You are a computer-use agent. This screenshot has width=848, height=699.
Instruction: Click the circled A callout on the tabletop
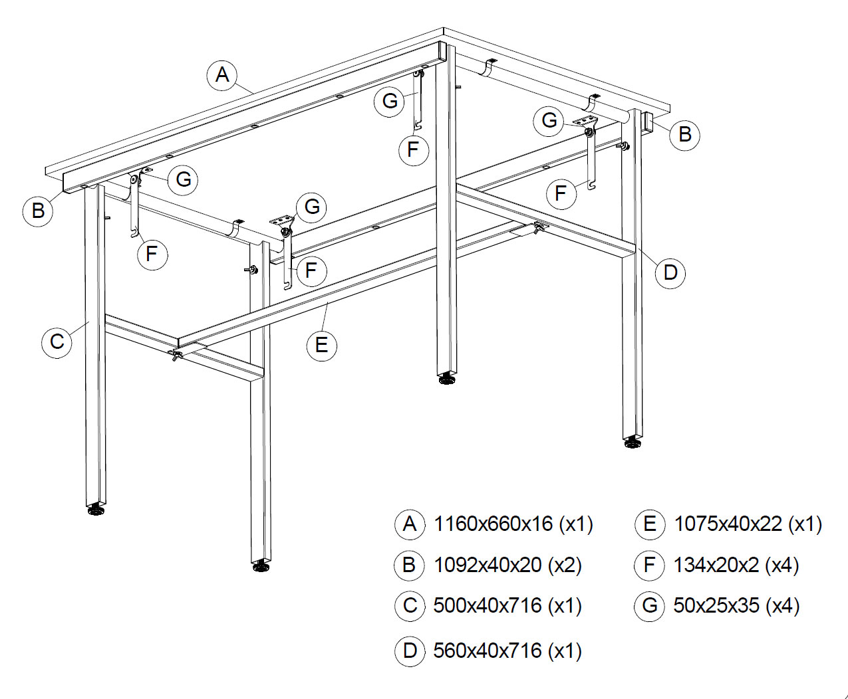click(222, 75)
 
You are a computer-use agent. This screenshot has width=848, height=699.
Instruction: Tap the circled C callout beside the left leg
click(57, 341)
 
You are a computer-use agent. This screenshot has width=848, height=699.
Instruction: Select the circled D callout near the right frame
click(670, 273)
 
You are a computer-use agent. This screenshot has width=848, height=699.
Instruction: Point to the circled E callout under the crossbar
click(322, 346)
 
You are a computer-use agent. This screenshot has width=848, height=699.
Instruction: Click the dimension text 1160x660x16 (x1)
click(513, 524)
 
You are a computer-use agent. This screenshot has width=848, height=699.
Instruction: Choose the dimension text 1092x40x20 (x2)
click(507, 565)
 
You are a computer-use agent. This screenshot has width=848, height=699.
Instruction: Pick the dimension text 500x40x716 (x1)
click(507, 606)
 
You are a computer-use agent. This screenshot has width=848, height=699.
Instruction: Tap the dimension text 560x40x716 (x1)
click(507, 650)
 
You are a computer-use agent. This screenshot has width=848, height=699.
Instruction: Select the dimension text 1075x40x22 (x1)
click(748, 524)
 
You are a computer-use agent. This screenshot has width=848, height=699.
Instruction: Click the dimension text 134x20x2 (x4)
click(736, 565)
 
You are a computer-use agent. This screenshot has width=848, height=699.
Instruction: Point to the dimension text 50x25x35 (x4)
click(736, 606)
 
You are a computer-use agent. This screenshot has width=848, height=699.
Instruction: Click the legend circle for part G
click(649, 606)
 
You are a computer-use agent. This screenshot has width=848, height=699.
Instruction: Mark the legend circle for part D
click(410, 651)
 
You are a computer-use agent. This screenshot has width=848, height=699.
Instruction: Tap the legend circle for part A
click(410, 524)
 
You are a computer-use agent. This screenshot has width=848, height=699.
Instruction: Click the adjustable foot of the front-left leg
click(95, 510)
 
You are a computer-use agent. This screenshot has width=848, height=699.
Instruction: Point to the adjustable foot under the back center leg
click(447, 379)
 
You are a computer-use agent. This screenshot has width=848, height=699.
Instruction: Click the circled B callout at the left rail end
click(38, 211)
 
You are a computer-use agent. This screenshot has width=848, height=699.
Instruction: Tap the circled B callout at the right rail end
click(685, 135)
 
